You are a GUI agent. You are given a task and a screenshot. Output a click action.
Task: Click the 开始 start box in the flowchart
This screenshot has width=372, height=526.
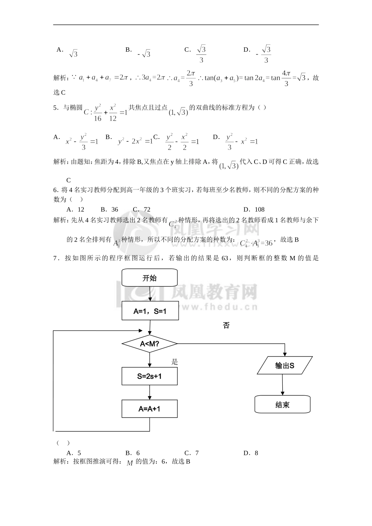[150, 278]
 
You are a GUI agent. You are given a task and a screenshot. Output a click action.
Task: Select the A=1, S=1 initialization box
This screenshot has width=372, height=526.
[150, 311]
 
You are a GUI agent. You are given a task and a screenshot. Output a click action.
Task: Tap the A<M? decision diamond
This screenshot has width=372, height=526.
[150, 344]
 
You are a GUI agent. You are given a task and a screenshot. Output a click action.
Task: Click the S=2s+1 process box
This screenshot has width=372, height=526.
[150, 376]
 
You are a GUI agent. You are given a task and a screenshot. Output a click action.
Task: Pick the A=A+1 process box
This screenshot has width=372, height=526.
[150, 409]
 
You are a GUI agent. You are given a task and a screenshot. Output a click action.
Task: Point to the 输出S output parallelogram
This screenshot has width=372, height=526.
[285, 366]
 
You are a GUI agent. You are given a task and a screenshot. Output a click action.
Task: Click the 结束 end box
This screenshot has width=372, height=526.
[282, 404]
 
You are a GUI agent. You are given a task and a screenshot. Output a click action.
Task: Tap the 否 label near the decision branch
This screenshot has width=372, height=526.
[226, 325]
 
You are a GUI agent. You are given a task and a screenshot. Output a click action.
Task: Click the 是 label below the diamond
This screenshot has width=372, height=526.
[175, 362]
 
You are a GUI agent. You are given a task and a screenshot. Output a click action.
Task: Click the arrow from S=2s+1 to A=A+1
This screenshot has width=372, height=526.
[150, 392]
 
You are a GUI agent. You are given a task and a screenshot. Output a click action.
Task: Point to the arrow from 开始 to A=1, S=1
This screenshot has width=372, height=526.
[150, 295]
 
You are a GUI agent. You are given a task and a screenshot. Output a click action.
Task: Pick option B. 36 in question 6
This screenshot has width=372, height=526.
[109, 209]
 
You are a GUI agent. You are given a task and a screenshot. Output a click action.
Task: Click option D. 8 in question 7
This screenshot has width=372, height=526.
[251, 453]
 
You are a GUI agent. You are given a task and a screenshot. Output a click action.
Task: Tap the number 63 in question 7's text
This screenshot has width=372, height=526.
[225, 258]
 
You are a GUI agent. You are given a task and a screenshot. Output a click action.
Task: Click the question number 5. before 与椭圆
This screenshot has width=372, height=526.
[56, 108]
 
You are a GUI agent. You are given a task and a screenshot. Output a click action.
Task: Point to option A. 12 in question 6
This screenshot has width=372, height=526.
[75, 209]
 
